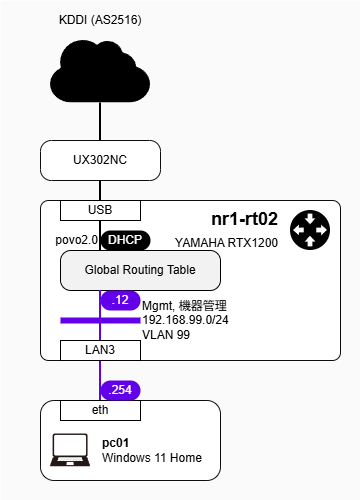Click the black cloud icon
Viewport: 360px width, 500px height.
click(100, 70)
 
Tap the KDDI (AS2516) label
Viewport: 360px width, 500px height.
click(100, 19)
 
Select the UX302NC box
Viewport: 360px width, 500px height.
click(100, 159)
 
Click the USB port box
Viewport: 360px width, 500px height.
click(100, 210)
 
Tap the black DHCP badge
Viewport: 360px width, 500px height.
click(125, 240)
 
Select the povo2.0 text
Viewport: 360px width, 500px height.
click(77, 240)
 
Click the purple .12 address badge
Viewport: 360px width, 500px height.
click(120, 300)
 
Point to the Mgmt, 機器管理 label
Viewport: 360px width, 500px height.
click(185, 305)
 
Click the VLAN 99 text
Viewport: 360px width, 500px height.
click(167, 335)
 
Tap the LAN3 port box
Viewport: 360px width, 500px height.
click(100, 350)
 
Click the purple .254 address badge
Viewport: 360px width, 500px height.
click(121, 390)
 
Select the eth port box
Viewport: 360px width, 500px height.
click(100, 410)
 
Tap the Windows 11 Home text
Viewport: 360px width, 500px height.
click(152, 458)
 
